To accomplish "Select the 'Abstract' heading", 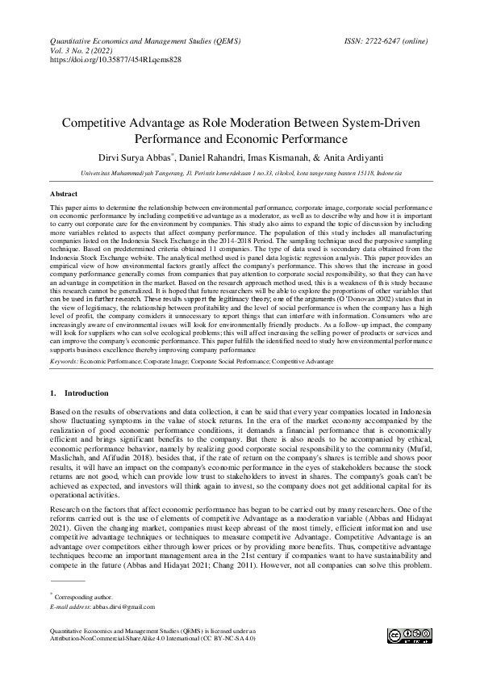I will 64,195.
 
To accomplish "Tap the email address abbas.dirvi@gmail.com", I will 113,606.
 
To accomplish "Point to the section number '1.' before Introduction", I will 53,392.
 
